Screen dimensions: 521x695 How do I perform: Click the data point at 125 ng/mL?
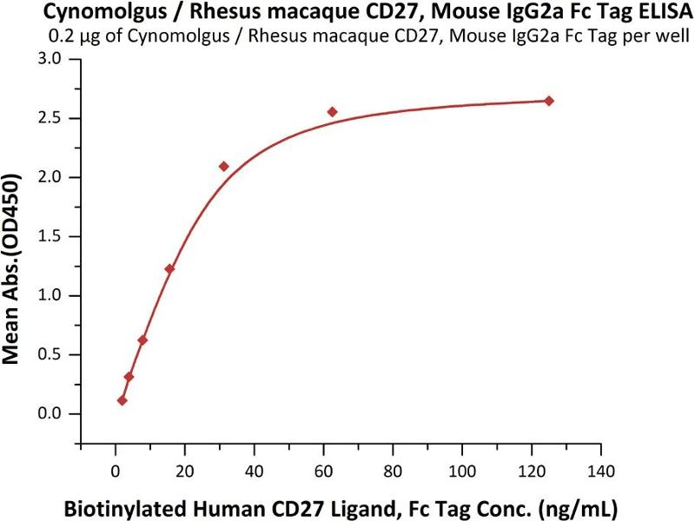pos(549,101)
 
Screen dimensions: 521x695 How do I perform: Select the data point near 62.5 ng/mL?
pos(332,112)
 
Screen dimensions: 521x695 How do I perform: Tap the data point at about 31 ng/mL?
pos(223,166)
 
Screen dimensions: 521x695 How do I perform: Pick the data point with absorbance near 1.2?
pos(169,269)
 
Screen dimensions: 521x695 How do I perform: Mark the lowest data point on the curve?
pos(122,400)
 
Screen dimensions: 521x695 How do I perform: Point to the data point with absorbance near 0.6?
pos(142,340)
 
